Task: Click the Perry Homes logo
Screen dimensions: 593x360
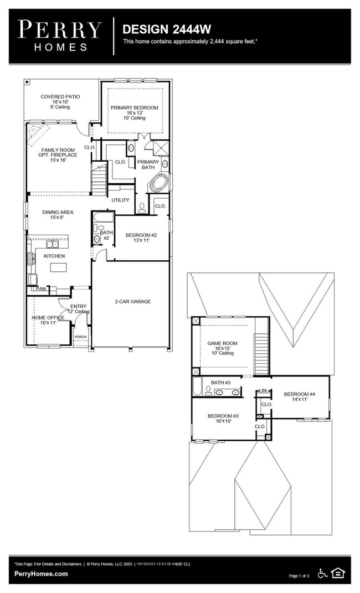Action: point(60,35)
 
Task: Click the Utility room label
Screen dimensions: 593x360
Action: point(120,200)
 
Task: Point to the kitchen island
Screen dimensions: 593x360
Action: point(59,268)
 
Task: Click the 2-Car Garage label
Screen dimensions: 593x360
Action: point(133,302)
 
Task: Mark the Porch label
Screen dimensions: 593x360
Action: point(81,337)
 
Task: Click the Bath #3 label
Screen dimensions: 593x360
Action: point(220,383)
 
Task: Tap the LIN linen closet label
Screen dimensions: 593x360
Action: point(264,391)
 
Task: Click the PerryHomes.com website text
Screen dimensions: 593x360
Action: point(41,574)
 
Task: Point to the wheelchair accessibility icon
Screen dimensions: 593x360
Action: point(322,573)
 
